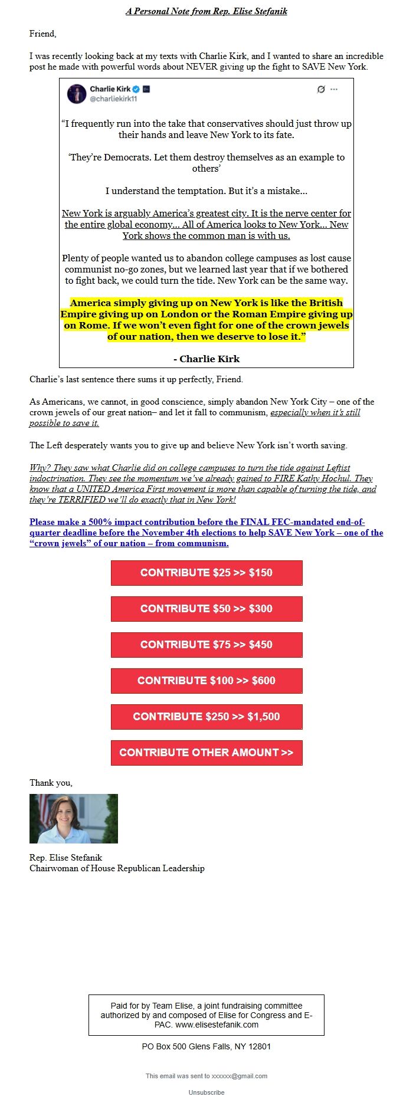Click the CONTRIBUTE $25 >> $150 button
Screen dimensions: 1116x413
coord(206,573)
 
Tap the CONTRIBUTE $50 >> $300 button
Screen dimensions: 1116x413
coord(206,609)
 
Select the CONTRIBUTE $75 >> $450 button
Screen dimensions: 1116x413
coord(206,645)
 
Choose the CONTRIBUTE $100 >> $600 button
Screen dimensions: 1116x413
coord(206,681)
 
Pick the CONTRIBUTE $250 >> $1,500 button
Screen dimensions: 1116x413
coord(206,717)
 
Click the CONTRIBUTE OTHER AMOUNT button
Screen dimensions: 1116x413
coord(206,753)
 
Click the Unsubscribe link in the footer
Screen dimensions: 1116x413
coord(206,1092)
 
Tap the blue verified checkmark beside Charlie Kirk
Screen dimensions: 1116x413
coord(136,89)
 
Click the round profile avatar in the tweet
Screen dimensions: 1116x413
coord(77,94)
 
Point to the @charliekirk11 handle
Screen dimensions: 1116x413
coord(113,99)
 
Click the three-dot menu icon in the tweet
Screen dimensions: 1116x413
coord(334,89)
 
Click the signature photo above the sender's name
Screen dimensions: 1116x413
coord(74,818)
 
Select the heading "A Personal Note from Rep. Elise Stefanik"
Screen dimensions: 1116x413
coord(206,11)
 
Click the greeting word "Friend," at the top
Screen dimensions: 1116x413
coord(43,34)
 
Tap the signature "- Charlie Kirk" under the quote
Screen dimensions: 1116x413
coord(206,359)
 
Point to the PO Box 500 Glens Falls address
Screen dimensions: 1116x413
coord(206,1046)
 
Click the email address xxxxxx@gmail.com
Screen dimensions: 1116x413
coord(240,1076)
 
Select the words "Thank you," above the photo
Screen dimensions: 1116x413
coord(51,783)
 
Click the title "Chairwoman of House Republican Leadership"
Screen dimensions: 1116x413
coord(117,868)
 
